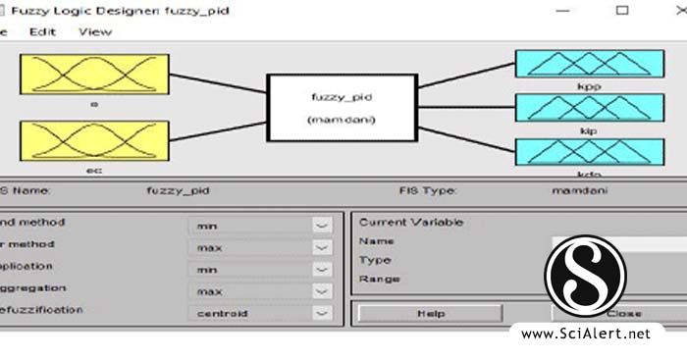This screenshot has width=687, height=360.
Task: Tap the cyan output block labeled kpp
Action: click(575, 64)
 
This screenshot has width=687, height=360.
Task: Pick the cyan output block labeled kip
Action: click(575, 107)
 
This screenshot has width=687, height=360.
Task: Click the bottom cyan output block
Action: click(575, 151)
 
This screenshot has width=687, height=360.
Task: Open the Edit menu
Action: click(42, 31)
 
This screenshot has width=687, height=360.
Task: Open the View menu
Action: click(95, 31)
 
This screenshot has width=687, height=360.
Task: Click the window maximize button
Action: click(622, 10)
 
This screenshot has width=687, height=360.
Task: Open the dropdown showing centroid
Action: click(261, 313)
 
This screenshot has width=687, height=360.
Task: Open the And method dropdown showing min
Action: click(261, 225)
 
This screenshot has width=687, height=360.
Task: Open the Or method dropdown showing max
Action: click(261, 247)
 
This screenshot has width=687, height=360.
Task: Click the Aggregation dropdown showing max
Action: click(261, 291)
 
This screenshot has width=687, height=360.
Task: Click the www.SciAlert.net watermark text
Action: click(586, 334)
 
